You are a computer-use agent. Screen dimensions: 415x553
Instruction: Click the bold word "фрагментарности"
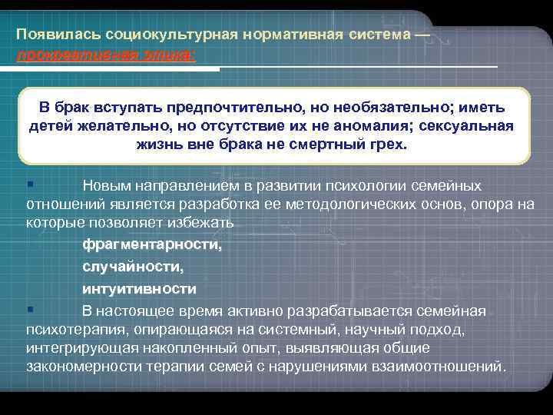[x=152, y=245]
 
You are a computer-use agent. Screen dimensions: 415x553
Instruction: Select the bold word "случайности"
[x=133, y=267]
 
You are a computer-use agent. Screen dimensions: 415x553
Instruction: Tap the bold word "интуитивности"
[x=139, y=289]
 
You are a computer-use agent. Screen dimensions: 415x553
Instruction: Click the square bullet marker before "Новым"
[x=29, y=184]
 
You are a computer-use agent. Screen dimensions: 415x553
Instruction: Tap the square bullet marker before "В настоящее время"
[x=29, y=309]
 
